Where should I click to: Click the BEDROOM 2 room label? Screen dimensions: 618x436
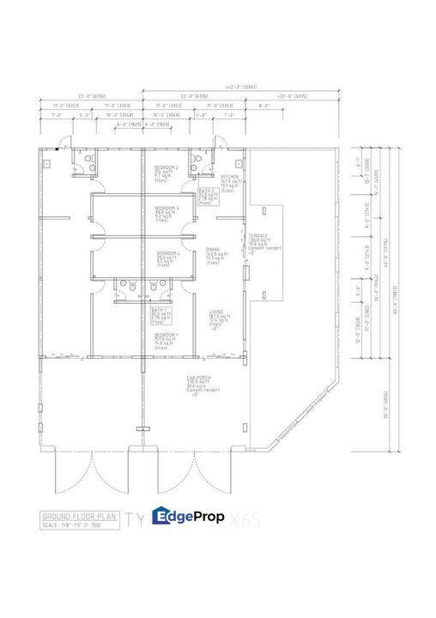click(166, 167)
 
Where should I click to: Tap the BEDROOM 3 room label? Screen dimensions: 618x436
click(166, 209)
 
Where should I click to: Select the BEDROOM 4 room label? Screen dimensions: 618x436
click(167, 254)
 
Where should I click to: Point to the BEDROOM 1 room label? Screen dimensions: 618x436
click(166, 334)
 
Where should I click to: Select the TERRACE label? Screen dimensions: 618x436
click(259, 235)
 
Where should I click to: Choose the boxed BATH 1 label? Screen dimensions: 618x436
click(160, 309)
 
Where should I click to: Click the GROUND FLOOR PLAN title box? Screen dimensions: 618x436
click(78, 516)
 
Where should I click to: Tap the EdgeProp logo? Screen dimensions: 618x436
click(188, 517)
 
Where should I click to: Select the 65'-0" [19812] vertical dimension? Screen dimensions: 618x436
click(395, 300)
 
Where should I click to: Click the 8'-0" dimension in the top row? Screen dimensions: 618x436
click(263, 106)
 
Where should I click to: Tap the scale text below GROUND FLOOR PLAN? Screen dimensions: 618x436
click(77, 524)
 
